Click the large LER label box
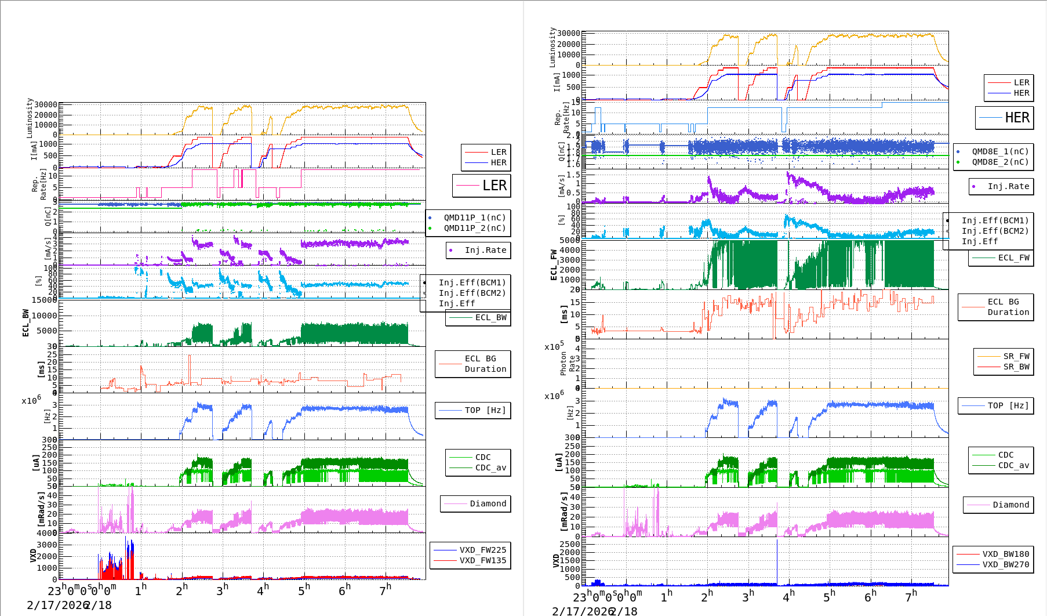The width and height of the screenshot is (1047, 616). pos(482,186)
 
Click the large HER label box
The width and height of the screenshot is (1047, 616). pos(1005,118)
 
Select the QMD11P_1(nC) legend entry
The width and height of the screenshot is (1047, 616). pos(474,218)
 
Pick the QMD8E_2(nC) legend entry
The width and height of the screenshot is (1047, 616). pos(1000,162)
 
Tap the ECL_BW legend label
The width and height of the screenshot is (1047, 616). pos(490,317)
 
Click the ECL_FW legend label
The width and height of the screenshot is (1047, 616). pos(1013,258)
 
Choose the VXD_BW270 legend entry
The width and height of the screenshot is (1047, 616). pos(1005,564)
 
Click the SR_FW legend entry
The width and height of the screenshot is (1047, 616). pos(1016,356)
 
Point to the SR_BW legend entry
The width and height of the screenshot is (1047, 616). pos(1016,367)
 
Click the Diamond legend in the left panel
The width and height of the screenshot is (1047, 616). pos(488,503)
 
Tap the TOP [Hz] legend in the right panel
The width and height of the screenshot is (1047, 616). pos(1008,405)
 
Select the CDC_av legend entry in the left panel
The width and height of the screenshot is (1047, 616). pos(490,468)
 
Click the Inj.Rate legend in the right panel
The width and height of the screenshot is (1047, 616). pos(1008,186)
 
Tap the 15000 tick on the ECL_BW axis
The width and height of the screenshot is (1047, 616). pos(44,300)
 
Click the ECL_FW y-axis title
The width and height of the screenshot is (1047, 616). pos(554,264)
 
